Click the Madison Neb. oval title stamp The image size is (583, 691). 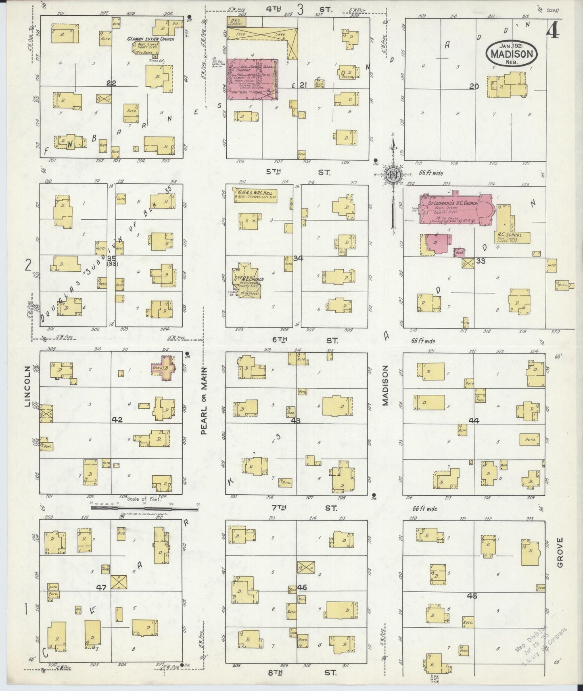click(512, 54)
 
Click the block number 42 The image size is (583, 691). click(117, 420)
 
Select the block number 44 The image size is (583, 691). click(474, 420)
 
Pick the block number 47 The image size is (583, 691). click(101, 588)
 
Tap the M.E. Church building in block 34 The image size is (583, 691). click(247, 280)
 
